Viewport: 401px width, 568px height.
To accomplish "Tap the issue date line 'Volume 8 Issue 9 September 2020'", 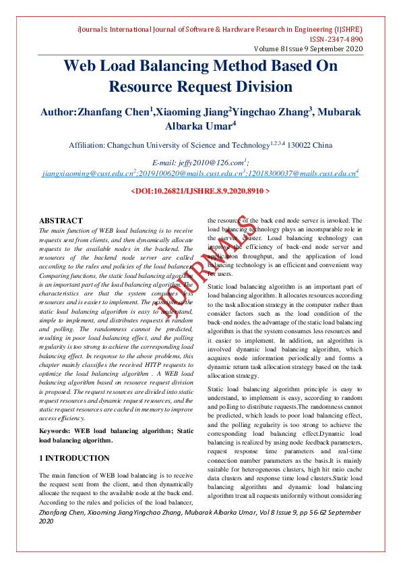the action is [x=308, y=50].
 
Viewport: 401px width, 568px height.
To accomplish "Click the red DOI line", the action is [x=200, y=192].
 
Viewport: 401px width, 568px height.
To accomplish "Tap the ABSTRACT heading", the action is [x=61, y=221].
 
